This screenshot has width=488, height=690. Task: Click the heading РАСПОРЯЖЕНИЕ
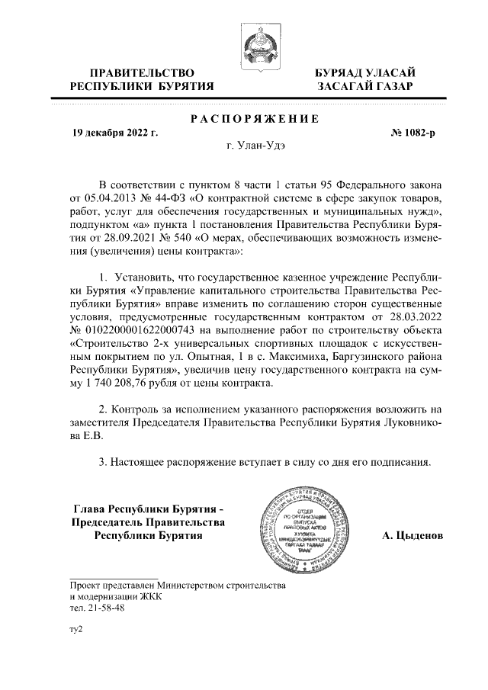[x=254, y=119]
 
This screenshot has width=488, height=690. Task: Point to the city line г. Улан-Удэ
[x=255, y=146]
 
